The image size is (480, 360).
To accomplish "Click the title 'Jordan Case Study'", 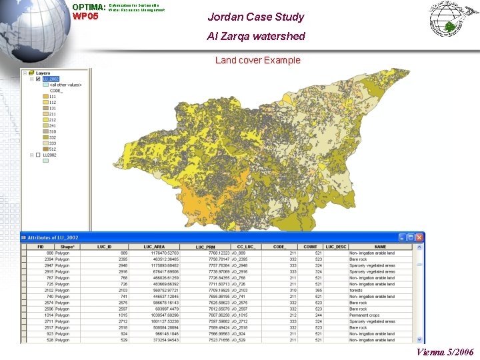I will (255, 17).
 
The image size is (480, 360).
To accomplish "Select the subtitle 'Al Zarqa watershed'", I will (255, 36).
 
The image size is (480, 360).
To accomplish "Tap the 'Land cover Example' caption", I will (257, 60).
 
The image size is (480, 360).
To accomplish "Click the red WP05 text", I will (85, 16).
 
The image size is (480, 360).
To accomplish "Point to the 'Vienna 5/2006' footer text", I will (445, 352).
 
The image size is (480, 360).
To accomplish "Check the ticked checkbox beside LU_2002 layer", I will (38, 79).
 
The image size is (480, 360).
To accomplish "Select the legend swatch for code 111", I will (45, 97).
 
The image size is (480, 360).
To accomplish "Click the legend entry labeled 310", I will (52, 131).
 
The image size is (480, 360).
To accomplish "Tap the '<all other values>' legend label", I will (65, 85).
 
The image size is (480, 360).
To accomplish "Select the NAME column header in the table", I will (380, 247).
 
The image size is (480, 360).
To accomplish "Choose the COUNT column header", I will (311, 247).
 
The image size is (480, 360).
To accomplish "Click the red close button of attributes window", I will (420, 237).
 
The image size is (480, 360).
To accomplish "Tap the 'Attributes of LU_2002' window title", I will (53, 237).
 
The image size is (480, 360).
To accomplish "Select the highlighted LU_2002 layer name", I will (51, 79).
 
